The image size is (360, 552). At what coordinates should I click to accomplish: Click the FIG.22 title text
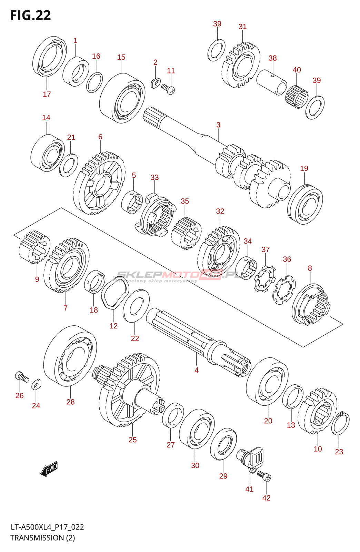point(30,16)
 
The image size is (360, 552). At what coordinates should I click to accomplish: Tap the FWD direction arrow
point(49,469)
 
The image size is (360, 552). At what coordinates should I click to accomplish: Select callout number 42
point(266,498)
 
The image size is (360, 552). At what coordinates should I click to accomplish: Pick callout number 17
point(47,94)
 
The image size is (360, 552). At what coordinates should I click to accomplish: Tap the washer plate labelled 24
point(37,384)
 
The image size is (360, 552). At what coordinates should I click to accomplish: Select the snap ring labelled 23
point(340,423)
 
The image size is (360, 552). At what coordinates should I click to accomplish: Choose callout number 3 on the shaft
point(218,125)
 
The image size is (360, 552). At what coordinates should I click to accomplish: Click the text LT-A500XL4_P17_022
point(47,527)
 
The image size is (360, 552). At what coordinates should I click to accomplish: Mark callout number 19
point(304,168)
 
